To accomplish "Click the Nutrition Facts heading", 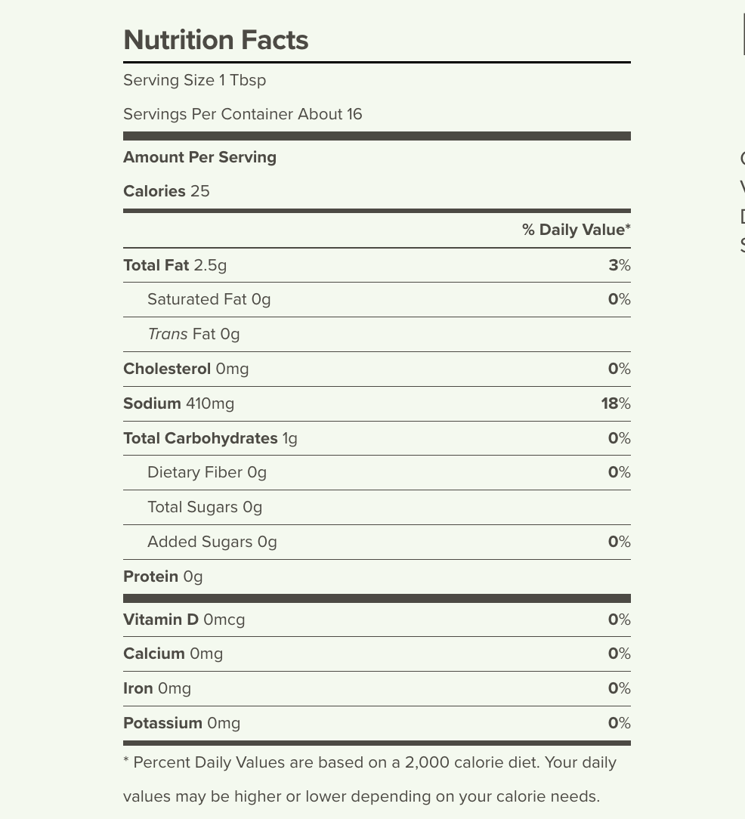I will (215, 40).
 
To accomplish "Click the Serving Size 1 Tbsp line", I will (194, 80).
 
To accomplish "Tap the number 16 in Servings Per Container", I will (354, 114).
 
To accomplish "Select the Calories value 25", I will (199, 191).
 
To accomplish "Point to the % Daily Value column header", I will (576, 230).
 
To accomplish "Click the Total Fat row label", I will (156, 265).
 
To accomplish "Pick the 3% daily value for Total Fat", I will (619, 265).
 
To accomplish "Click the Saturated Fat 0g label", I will (209, 299).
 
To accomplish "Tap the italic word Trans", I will (168, 334).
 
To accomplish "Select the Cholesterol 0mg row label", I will (186, 369).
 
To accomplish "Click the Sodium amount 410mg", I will (210, 403).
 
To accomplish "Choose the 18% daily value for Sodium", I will (615, 403).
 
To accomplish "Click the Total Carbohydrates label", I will (200, 438).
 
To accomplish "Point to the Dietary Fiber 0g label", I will (206, 472).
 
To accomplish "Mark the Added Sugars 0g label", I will (212, 542).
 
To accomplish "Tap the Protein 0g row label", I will (162, 576).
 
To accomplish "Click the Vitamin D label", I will (161, 620).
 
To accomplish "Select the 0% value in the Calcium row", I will (619, 654).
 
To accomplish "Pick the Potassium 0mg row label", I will (181, 723).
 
